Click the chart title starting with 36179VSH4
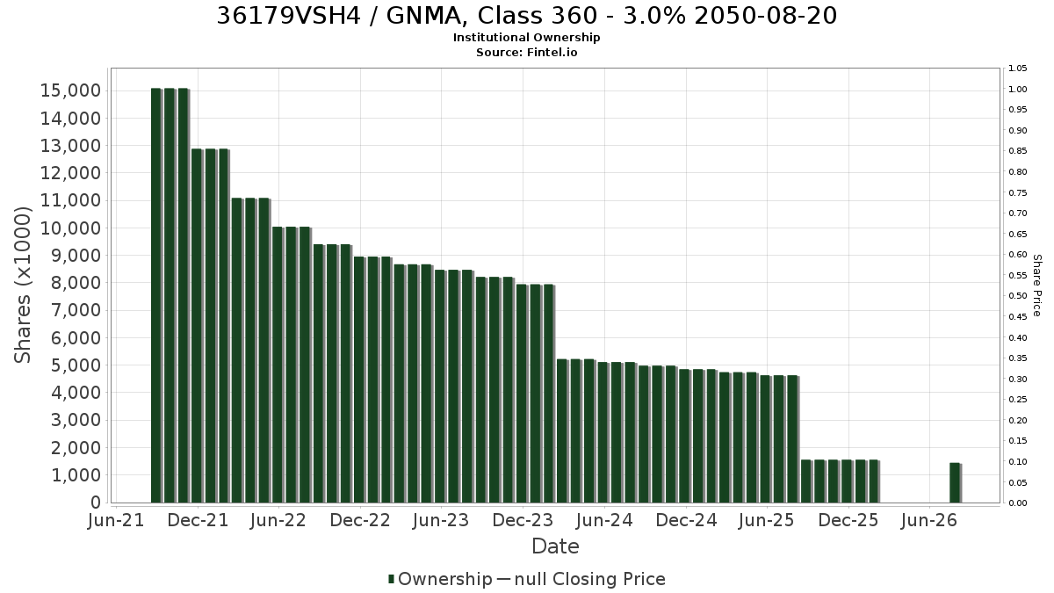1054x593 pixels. point(526,16)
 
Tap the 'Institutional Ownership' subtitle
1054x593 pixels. point(526,38)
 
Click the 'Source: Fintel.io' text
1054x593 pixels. point(526,52)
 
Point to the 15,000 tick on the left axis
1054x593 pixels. point(70,90)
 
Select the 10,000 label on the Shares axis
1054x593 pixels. point(70,228)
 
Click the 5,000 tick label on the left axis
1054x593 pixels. point(76,365)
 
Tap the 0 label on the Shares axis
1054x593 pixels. point(96,503)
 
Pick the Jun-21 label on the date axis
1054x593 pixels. point(116,520)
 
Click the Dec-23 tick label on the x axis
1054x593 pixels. point(523,520)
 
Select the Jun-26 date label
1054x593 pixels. point(929,520)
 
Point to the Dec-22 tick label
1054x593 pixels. point(360,520)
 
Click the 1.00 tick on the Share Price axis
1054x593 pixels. point(1018,90)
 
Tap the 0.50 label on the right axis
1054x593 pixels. point(1018,296)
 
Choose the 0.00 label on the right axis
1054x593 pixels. point(1018,503)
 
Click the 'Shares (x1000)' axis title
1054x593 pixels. point(22,285)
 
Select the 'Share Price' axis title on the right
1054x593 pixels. point(1037,286)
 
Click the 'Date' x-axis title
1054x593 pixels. point(555,546)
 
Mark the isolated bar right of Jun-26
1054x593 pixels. point(956,483)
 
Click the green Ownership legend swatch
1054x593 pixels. point(391,579)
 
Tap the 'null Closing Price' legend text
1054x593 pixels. point(590,579)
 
